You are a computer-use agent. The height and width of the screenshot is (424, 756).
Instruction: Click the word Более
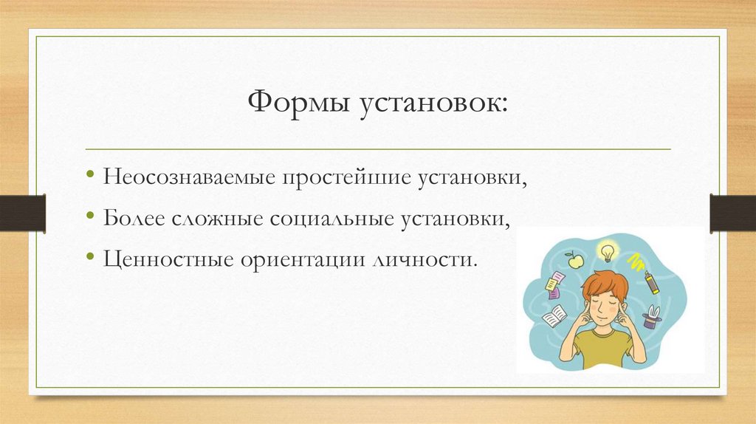point(134,219)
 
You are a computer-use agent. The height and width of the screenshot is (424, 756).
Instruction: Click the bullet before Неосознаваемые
point(89,178)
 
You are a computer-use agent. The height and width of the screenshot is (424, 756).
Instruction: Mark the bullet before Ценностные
point(89,259)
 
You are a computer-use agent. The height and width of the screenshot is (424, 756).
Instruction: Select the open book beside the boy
point(555,318)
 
